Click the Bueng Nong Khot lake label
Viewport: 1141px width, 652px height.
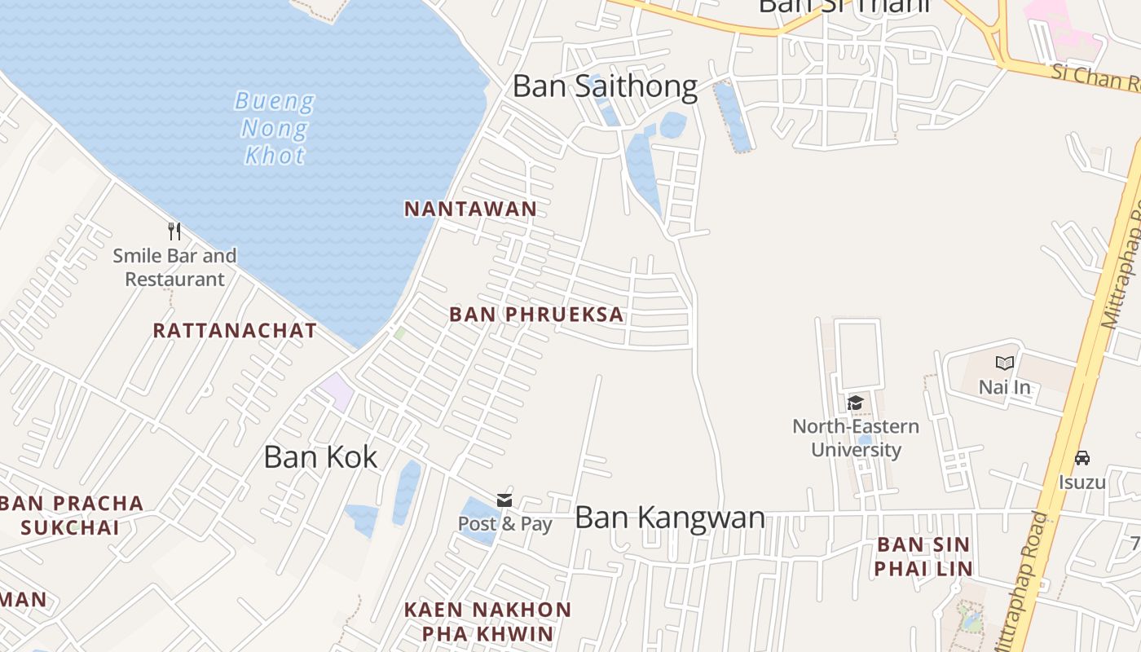tap(274, 128)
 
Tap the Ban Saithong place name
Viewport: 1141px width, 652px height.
tap(605, 86)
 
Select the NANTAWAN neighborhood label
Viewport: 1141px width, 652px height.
tap(470, 209)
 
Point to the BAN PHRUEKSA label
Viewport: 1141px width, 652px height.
tap(536, 315)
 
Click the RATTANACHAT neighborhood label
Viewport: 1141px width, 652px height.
tap(235, 330)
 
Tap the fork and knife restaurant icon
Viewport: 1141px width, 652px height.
tap(174, 231)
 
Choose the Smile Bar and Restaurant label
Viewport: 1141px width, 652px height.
tap(174, 267)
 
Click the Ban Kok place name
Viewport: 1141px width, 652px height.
tap(320, 457)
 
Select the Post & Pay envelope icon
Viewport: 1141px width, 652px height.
tap(504, 500)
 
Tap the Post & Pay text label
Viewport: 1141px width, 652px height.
tap(504, 524)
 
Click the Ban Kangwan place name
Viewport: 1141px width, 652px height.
tap(670, 518)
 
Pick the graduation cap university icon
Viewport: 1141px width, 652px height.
tap(855, 403)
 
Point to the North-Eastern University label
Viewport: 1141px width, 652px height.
tap(856, 438)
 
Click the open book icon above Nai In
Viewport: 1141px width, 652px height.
tap(1004, 363)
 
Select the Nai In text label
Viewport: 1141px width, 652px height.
tap(1004, 387)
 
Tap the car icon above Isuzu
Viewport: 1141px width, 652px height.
tap(1082, 458)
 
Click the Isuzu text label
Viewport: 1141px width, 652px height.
tap(1082, 482)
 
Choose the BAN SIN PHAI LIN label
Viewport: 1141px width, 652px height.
tap(923, 556)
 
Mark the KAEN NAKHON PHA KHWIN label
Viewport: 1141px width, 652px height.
tap(487, 621)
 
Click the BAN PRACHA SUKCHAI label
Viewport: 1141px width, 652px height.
tap(72, 515)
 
